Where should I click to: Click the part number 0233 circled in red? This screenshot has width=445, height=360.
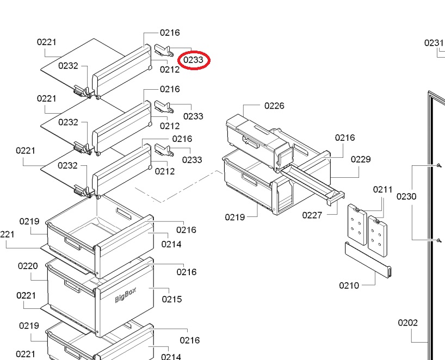coord(193,60)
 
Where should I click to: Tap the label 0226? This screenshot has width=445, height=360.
coord(274,106)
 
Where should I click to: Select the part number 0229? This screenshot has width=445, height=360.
coord(361,159)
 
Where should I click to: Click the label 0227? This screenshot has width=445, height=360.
coord(312,215)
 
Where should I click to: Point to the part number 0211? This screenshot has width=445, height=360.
coord(383,189)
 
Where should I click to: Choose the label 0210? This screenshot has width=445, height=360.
coord(349,285)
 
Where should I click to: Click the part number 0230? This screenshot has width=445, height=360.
coord(406,196)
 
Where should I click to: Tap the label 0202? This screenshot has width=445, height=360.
coord(408,323)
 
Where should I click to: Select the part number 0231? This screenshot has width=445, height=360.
coord(434,43)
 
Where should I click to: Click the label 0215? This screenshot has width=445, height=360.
coord(172,299)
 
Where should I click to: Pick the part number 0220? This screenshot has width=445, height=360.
coord(28,266)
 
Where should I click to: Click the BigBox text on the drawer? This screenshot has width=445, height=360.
coord(126,295)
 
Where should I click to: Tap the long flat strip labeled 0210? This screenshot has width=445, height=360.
coord(368,259)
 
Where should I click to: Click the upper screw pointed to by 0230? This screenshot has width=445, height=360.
coord(440,165)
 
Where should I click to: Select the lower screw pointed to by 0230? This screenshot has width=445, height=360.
coord(440,240)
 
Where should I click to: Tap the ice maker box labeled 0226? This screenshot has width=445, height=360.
coord(259,140)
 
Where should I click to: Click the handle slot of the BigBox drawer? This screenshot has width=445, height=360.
coord(72,286)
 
